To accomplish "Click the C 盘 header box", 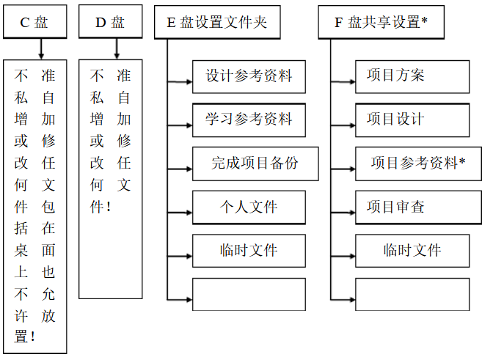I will point(34,23).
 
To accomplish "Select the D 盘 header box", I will point(110,23).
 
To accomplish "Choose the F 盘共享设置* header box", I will point(381,23).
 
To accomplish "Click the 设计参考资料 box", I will point(249,76).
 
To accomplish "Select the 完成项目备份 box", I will point(255,164).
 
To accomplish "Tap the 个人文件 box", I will point(249,207).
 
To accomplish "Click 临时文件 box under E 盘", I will point(249,251).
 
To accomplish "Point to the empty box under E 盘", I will point(249,294).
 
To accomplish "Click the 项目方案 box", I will point(412,76).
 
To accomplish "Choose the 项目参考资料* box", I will point(418,164).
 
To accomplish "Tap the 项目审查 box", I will point(412,207).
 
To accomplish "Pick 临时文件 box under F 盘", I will point(412,251).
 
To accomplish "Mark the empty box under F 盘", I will point(412,294).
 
